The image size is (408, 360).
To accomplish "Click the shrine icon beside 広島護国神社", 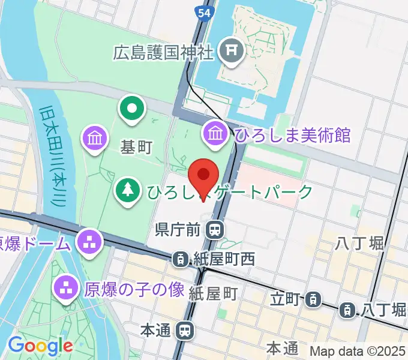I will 230,52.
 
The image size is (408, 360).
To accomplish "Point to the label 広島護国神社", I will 163,52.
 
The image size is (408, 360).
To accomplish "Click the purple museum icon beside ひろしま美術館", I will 215,132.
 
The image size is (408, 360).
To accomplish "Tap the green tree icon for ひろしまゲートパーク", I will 127,191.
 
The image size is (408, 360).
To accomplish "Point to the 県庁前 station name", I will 178,229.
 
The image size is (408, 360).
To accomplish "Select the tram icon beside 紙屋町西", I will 179,259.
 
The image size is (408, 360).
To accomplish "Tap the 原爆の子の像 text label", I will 134,290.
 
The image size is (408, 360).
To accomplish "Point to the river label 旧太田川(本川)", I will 53,156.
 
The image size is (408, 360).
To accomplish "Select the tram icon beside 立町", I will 312,298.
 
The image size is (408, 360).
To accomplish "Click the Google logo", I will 40,346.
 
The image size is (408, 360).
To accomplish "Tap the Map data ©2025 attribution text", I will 357,351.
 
